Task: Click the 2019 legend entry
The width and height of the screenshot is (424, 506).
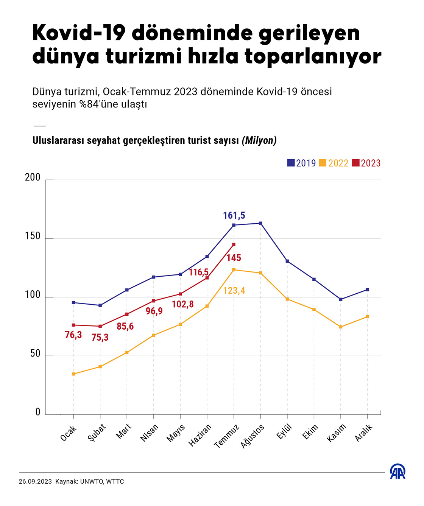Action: pos(301,163)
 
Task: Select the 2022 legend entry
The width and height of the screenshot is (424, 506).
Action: pos(334,163)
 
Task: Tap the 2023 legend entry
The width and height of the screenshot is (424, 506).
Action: pos(366,163)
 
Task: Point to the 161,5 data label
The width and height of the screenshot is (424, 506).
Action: pos(234,216)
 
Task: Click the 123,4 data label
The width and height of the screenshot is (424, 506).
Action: pos(234,291)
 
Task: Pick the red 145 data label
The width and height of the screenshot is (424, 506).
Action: pos(234,258)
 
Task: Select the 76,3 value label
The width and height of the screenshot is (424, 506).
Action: pos(73,335)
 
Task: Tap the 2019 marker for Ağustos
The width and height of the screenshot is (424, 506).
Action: pos(260,223)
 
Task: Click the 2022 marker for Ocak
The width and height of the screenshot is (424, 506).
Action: pos(73,374)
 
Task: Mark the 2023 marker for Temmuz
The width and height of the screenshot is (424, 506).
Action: pos(234,244)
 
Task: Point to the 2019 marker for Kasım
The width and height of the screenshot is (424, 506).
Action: pos(341,299)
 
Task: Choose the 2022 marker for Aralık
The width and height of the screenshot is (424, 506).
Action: pos(368,317)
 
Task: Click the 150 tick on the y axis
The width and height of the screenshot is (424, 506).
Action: pos(33,236)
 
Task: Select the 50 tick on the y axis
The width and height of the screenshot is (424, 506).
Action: pos(35,353)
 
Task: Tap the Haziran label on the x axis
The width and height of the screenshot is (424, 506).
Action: pos(200,435)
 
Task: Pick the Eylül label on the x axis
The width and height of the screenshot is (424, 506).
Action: pos(285,432)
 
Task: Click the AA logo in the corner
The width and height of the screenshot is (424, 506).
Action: pos(397,471)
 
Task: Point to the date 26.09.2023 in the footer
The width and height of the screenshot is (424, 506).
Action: pos(35,482)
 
